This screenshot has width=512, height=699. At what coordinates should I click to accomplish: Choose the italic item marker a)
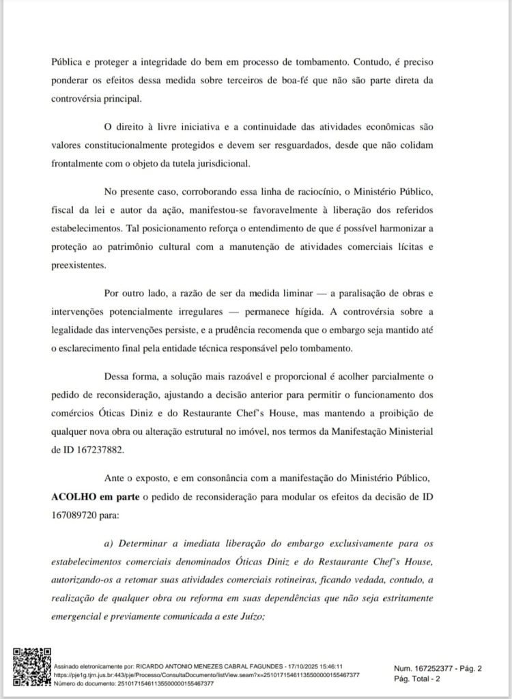pyautogui.click(x=108, y=544)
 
